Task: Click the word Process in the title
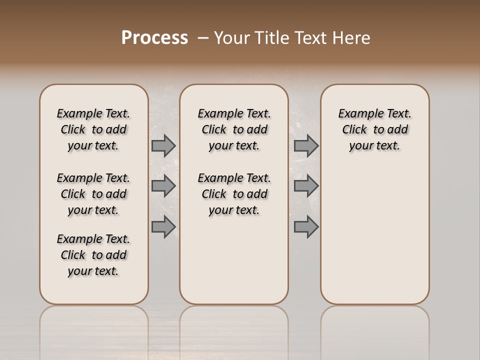(154, 37)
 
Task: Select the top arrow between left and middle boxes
(163, 145)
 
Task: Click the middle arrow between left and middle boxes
(163, 186)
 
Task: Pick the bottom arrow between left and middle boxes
(163, 226)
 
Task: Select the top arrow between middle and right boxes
(306, 145)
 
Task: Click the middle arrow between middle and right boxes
(306, 186)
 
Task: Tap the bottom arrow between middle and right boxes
(306, 226)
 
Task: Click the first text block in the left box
(93, 129)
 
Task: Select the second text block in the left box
(93, 194)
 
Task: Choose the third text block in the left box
(93, 255)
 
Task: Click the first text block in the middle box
(234, 129)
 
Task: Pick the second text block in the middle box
(234, 194)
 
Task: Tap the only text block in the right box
(374, 129)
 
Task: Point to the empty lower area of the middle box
(234, 260)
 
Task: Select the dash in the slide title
(203, 37)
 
